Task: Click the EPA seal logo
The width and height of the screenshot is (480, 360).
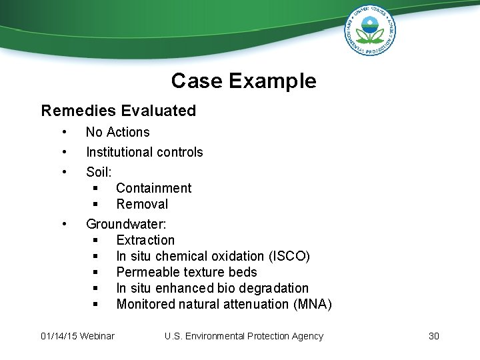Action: click(369, 30)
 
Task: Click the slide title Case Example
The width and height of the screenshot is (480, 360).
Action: click(243, 81)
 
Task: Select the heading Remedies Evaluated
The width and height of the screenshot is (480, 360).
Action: click(119, 111)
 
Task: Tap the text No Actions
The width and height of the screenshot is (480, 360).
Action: click(117, 132)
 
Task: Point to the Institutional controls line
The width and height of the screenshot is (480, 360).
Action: click(144, 152)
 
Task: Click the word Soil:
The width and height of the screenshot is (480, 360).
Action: click(99, 172)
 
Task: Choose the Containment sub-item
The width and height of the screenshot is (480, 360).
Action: click(153, 188)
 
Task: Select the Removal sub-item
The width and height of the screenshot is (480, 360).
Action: click(142, 204)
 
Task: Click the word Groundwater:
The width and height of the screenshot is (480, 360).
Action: click(126, 224)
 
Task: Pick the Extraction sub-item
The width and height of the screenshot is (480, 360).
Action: click(145, 240)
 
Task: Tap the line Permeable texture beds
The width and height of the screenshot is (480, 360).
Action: click(186, 272)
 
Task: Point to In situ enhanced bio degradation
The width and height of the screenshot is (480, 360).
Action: click(212, 288)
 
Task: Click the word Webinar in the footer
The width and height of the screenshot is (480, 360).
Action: click(97, 336)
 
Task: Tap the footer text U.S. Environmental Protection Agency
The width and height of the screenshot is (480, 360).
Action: click(243, 336)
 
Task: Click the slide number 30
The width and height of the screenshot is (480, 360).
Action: click(433, 336)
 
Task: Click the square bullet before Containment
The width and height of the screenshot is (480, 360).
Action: click(96, 189)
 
